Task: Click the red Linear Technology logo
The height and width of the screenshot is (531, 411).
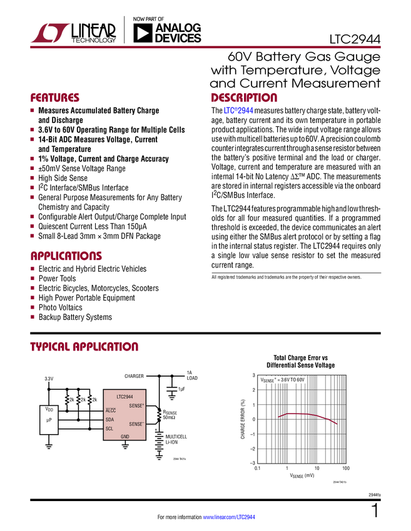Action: (49, 32)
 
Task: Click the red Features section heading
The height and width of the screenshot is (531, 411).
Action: (55, 98)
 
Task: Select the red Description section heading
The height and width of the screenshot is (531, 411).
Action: (244, 98)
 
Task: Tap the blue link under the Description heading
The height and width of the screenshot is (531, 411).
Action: (238, 111)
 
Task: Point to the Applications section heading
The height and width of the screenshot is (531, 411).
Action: (66, 257)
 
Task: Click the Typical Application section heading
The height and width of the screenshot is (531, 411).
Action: (84, 347)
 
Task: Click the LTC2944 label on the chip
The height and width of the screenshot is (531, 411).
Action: (124, 397)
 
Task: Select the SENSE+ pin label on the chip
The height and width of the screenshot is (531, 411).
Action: (136, 405)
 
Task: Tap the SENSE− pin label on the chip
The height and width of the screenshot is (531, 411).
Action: (136, 424)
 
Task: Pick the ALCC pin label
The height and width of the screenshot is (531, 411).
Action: (111, 410)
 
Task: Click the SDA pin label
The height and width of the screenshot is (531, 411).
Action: (109, 419)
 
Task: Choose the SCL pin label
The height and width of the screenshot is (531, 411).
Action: (109, 428)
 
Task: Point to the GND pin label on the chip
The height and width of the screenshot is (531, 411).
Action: (125, 436)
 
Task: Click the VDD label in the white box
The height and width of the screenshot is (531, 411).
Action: (49, 409)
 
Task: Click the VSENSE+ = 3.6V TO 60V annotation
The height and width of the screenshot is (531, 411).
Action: (283, 380)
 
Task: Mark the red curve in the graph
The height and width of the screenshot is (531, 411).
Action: (307, 414)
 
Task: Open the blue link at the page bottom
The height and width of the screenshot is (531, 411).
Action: (229, 517)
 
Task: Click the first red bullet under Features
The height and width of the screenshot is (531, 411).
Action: (32, 111)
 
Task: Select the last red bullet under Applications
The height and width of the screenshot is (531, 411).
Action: (32, 317)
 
